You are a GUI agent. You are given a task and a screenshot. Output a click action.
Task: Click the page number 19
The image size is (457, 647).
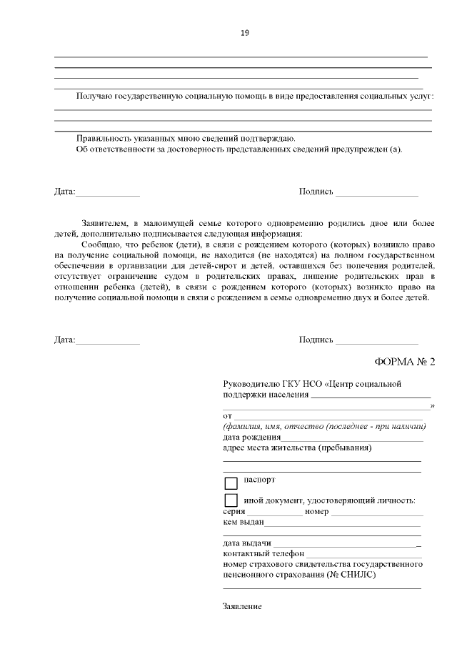tap(244, 33)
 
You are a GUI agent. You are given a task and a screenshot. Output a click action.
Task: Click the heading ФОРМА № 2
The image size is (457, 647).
tap(404, 361)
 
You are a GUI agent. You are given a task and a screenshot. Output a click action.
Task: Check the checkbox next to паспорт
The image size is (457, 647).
tap(231, 483)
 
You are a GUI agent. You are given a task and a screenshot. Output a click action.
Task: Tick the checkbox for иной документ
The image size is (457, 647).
tap(231, 500)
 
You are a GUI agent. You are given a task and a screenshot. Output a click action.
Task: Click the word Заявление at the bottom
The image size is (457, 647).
tap(243, 606)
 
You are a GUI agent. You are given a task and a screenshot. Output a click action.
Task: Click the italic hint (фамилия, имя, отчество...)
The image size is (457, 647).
tap(325, 427)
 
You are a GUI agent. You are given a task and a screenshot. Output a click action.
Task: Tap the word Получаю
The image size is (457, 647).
tap(94, 97)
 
